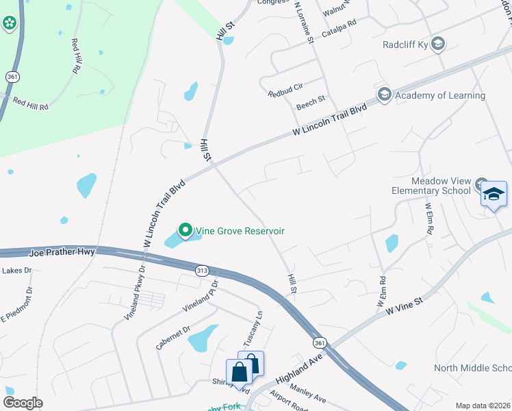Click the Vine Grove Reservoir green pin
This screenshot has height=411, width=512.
pos(185,230)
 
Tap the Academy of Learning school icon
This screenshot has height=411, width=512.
pos(384,95)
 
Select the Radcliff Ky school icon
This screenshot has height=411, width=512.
pos(438,45)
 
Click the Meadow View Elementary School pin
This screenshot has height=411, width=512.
pos(494,195)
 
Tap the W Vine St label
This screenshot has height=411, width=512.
pos(405,306)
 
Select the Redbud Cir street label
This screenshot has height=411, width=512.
pos(285,90)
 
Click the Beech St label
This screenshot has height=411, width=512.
pos(310,103)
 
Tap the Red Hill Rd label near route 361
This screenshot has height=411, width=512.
pos(30,104)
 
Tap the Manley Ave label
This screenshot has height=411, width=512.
pos(307,395)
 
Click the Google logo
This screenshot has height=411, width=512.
pos(22,403)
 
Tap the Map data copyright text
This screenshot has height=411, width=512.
pos(483,406)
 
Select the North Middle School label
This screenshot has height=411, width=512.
pos(472,369)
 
